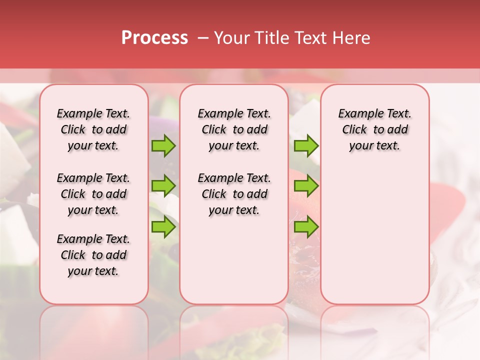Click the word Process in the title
(154, 38)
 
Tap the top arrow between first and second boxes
(163, 146)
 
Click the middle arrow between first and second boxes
(163, 186)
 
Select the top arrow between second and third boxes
(306, 146)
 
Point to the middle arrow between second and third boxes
(306, 186)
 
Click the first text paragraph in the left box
(93, 129)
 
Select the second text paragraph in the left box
(93, 194)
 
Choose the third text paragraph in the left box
(93, 255)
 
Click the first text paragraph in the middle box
(234, 129)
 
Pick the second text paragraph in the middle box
(234, 194)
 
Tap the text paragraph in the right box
(374, 129)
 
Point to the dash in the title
(202, 38)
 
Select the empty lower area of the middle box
(234, 260)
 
